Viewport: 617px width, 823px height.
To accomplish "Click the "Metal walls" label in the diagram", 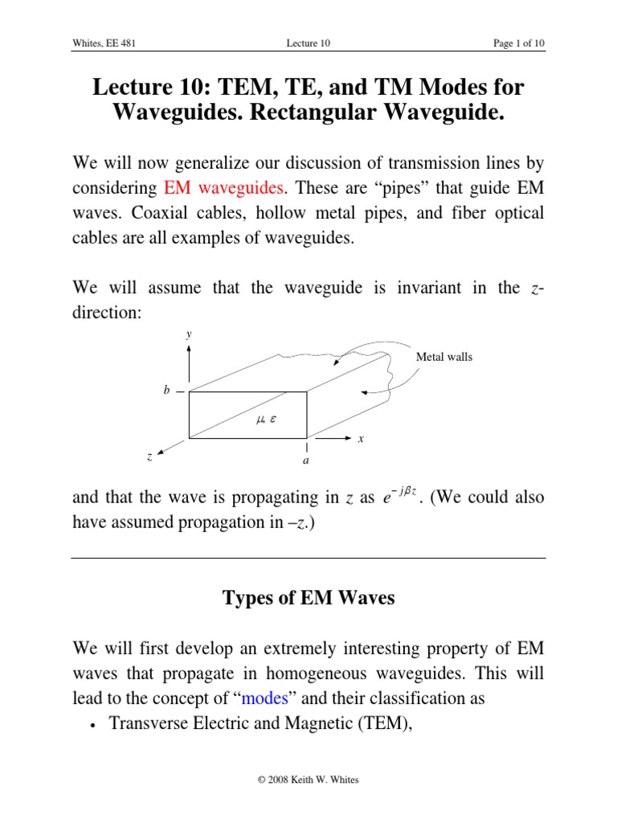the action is tap(444, 357).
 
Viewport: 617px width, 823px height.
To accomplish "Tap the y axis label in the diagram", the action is tap(189, 334).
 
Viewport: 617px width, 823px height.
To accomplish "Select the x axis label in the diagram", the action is tap(361, 439).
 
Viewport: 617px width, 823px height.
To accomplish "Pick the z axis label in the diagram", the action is tap(149, 456).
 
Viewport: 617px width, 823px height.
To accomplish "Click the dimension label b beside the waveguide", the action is tap(166, 391).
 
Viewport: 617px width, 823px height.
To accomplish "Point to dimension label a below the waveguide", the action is tap(306, 461).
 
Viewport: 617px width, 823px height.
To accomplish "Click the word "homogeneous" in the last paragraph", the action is tap(311, 673).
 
